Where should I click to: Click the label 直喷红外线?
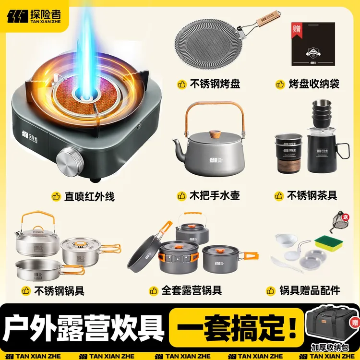pos(89,196)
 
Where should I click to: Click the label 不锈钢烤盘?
pos(215,84)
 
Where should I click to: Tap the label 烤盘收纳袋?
pos(314,84)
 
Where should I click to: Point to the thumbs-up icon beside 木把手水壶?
pos(181,196)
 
